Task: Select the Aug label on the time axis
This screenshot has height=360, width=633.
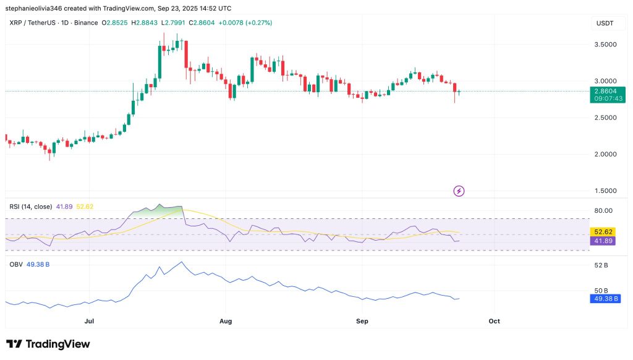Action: click(x=226, y=322)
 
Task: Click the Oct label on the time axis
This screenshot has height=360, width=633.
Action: click(x=494, y=322)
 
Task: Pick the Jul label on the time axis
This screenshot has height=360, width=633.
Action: click(x=89, y=322)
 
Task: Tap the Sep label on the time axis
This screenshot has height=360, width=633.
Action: click(x=362, y=322)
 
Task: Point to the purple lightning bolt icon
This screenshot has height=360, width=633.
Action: click(x=459, y=191)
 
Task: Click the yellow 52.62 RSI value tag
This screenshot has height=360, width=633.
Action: click(x=603, y=233)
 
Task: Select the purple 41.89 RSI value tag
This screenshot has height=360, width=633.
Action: click(x=603, y=241)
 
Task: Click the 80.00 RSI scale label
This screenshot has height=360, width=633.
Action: click(x=603, y=210)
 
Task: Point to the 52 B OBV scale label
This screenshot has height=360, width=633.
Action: click(x=601, y=265)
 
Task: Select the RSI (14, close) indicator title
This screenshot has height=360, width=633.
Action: click(x=30, y=206)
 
